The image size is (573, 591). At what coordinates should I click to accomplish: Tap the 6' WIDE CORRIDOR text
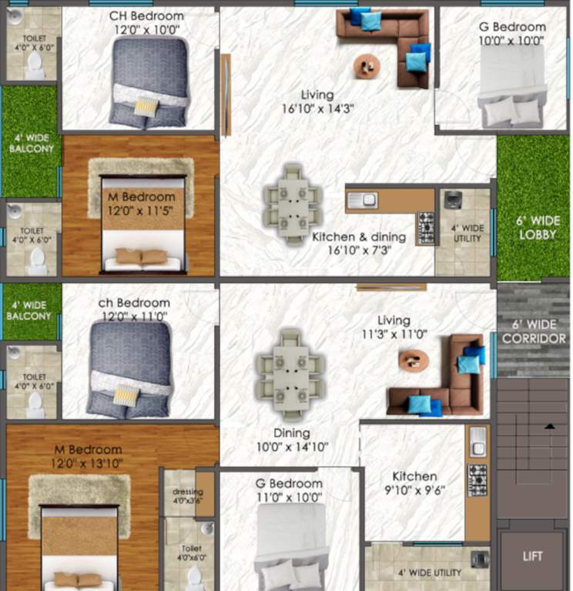click(534, 332)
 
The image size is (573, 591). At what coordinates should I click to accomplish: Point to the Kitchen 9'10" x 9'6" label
click(414, 483)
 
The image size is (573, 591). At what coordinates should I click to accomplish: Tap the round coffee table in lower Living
click(414, 359)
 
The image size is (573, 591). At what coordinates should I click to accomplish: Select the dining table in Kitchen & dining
click(292, 203)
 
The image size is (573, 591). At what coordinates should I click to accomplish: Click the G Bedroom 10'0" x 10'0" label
click(511, 33)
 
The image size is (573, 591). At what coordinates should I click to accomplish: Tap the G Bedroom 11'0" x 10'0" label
click(289, 490)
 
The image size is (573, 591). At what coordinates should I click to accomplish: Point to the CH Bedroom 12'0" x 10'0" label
click(146, 22)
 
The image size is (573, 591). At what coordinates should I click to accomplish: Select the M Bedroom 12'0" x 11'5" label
click(142, 204)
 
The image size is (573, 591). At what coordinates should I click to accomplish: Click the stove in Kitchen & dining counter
click(426, 228)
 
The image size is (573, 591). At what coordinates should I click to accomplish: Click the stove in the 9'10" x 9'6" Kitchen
click(477, 480)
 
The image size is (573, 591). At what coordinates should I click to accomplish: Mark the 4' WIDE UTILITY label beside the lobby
click(467, 233)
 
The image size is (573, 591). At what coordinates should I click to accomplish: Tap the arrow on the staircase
click(551, 425)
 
